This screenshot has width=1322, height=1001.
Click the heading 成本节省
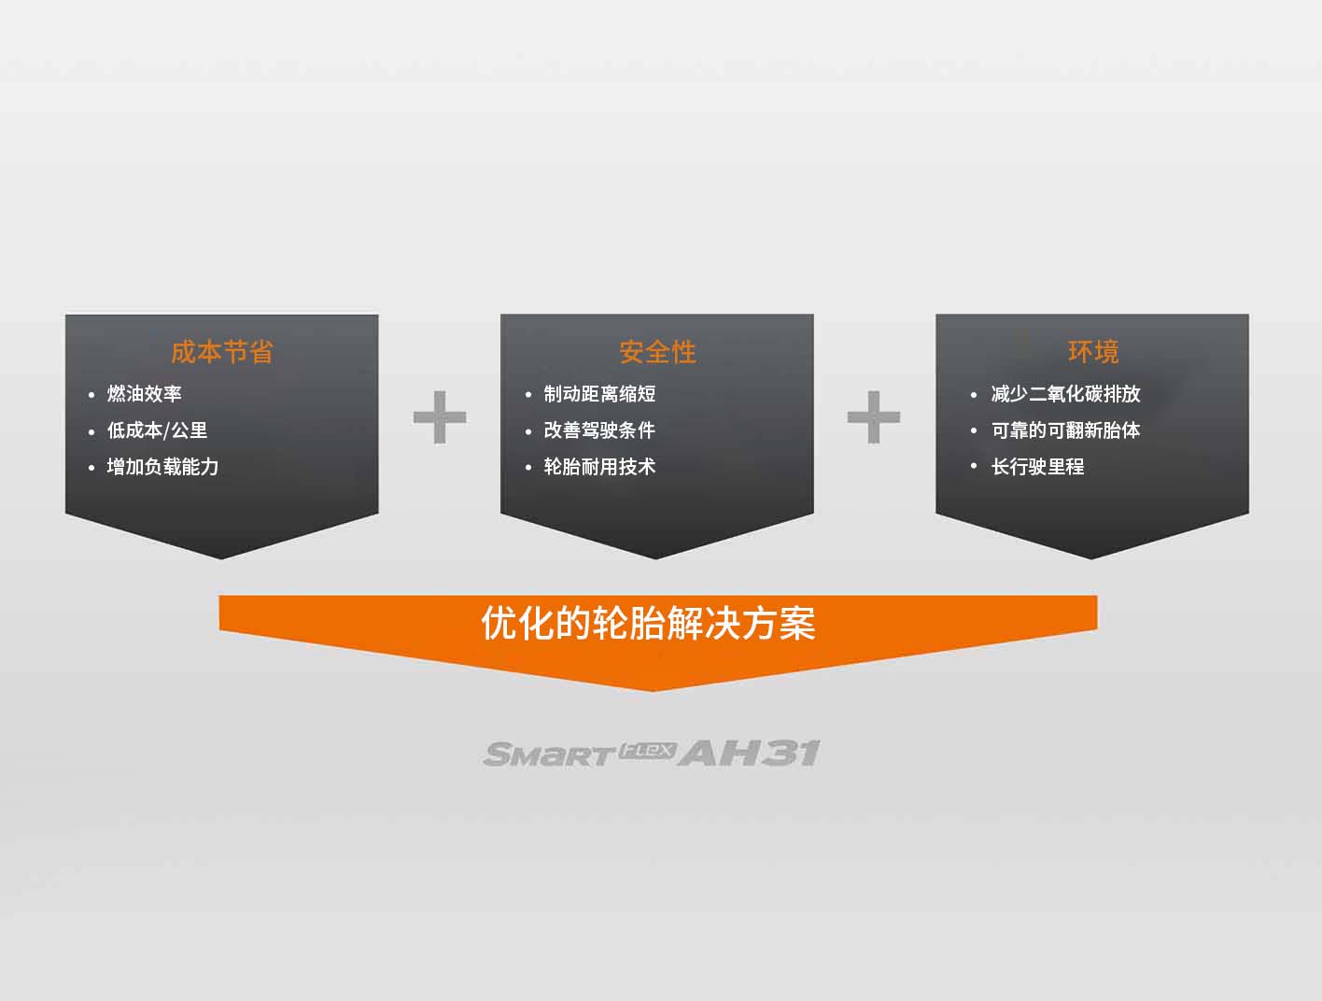click(x=221, y=352)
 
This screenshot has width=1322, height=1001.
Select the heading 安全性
click(x=657, y=352)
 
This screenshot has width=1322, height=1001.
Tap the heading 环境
click(x=1093, y=352)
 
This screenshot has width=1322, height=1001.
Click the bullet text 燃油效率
click(x=145, y=394)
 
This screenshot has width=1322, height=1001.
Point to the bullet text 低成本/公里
click(x=157, y=430)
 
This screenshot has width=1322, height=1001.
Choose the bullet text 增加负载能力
click(x=162, y=467)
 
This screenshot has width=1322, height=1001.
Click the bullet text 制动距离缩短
click(x=599, y=394)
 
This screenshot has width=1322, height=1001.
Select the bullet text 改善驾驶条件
click(x=599, y=430)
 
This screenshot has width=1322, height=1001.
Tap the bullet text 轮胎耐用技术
click(x=599, y=467)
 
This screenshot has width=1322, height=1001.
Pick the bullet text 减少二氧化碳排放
click(x=1065, y=394)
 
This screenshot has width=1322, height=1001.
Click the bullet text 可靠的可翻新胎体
click(x=1065, y=430)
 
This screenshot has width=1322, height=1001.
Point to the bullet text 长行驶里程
click(x=1037, y=467)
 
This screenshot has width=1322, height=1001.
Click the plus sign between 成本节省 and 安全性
click(x=440, y=417)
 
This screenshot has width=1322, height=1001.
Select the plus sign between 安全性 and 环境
click(x=874, y=417)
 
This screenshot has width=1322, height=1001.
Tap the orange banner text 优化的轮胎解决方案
click(x=648, y=623)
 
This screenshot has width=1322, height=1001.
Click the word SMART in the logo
click(x=549, y=754)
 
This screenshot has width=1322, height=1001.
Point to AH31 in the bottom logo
click(x=749, y=753)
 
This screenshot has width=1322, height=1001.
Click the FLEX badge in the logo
click(x=646, y=750)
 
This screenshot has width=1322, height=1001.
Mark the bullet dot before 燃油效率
click(x=91, y=395)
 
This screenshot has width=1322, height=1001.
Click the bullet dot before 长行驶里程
click(x=974, y=467)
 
